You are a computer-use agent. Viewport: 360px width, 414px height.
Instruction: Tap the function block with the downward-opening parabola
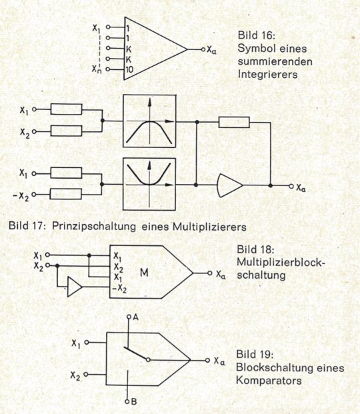click(x=149, y=121)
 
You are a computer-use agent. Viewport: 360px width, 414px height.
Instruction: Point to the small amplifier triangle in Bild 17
click(x=230, y=184)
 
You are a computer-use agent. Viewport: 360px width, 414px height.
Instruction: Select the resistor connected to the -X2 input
click(x=66, y=194)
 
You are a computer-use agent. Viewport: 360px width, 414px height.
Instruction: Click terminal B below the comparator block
click(x=135, y=402)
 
